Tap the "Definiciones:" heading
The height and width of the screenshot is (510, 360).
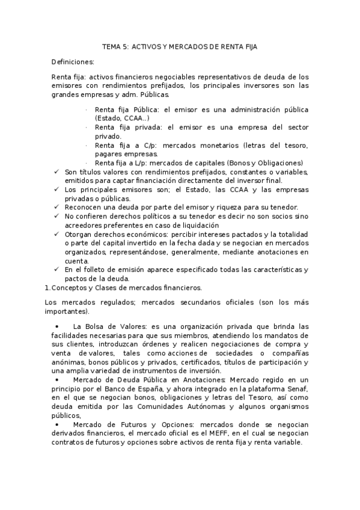[73, 62]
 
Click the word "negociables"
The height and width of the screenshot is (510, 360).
[174, 77]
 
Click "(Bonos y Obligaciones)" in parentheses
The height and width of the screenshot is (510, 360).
[265, 162]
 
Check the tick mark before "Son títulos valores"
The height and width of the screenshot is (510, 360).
[56, 171]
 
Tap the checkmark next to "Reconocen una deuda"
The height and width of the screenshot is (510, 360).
[56, 206]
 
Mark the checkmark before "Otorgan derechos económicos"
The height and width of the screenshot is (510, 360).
[56, 233]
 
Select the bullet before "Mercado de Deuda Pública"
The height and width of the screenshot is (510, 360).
[56, 379]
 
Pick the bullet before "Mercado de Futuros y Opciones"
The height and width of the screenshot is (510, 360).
[56, 424]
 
